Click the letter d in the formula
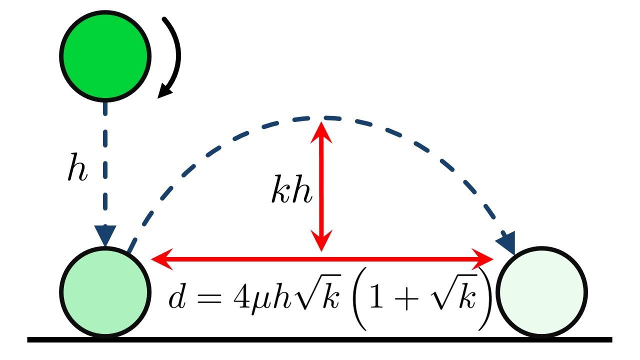176,298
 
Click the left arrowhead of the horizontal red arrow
159,258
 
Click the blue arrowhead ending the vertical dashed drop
105,235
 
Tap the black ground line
320,339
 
